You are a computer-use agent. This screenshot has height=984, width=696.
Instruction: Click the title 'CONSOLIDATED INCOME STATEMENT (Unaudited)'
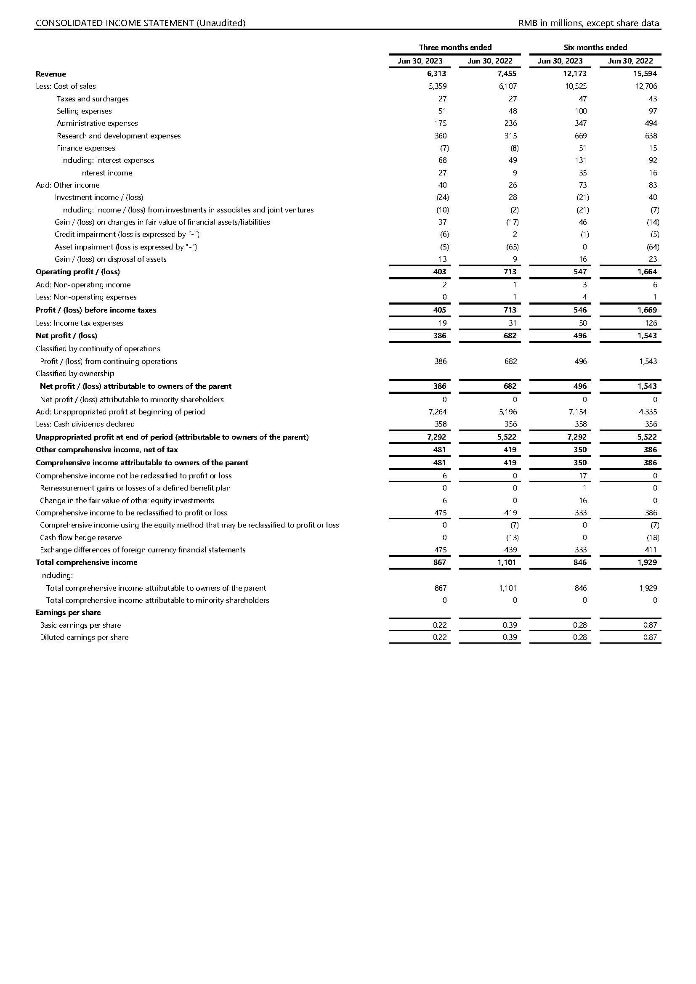pyautogui.click(x=140, y=23)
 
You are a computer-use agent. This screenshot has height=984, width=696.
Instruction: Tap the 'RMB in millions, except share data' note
pyautogui.click(x=588, y=23)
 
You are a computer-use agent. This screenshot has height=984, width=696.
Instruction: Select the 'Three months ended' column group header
pyautogui.click(x=455, y=47)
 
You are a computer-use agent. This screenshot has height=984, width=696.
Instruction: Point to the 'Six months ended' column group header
pyautogui.click(x=595, y=47)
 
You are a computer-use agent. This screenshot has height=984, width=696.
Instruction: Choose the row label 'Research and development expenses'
pyautogui.click(x=119, y=136)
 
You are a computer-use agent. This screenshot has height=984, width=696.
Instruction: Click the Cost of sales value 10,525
pyautogui.click(x=576, y=86)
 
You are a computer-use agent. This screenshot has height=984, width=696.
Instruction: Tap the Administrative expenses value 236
pyautogui.click(x=510, y=123)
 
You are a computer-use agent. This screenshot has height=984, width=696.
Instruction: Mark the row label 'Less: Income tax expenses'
pyautogui.click(x=79, y=323)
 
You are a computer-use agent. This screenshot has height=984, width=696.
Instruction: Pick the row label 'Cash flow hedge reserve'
pyautogui.click(x=80, y=537)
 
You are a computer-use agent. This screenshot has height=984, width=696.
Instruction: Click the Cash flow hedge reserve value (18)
pyautogui.click(x=653, y=537)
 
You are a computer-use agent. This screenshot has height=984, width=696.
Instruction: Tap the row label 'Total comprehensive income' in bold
pyautogui.click(x=87, y=562)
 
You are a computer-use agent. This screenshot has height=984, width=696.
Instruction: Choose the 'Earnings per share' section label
pyautogui.click(x=68, y=613)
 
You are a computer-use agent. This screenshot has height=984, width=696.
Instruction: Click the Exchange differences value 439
pyautogui.click(x=510, y=550)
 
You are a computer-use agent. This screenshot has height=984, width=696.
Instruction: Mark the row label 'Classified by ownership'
pyautogui.click(x=75, y=373)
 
